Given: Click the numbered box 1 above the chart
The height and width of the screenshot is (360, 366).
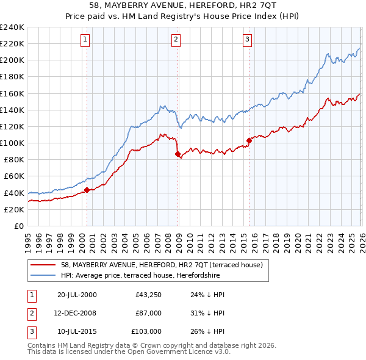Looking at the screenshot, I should click(84, 40).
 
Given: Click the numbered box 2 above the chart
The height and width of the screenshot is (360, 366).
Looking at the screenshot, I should click(175, 40).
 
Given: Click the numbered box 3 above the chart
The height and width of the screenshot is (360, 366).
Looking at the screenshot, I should click(247, 40).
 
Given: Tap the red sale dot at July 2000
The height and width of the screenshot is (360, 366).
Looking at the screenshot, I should click(87, 190).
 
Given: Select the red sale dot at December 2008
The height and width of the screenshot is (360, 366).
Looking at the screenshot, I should click(178, 154).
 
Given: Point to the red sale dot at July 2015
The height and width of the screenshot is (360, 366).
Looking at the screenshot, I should click(249, 140).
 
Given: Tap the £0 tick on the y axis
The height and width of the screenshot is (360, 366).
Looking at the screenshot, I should click(18, 226).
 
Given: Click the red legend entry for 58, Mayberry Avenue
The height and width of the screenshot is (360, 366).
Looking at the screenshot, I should click(162, 265).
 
